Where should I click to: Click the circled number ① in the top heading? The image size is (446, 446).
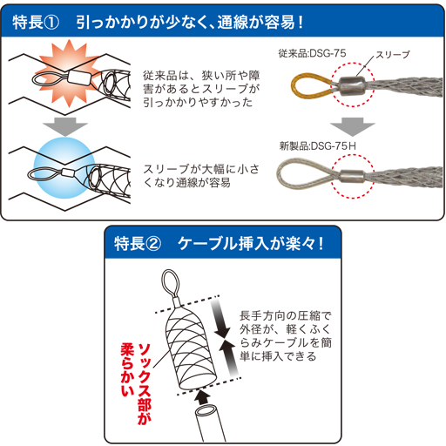pyautogui.click(x=52, y=23)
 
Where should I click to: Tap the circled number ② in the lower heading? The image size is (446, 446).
pyautogui.click(x=153, y=243)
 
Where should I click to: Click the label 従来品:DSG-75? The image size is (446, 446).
pyautogui.click(x=312, y=53)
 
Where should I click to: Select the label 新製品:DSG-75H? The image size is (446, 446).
pyautogui.click(x=318, y=145)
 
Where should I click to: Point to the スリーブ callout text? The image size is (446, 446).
pyautogui.click(x=393, y=55)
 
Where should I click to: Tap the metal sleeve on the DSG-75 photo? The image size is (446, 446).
pyautogui.click(x=352, y=86)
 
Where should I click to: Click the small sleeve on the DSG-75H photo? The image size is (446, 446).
pyautogui.click(x=352, y=176)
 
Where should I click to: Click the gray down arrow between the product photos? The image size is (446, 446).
pyautogui.click(x=353, y=126)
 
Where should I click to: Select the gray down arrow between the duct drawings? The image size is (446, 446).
pyautogui.click(x=65, y=126)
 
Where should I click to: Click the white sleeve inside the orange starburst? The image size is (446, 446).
pyautogui.click(x=79, y=78)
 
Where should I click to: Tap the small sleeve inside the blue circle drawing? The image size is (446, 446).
pyautogui.click(x=69, y=173)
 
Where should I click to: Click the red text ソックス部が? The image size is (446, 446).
pyautogui.click(x=145, y=384)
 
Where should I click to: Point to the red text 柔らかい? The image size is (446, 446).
pyautogui.click(x=127, y=370)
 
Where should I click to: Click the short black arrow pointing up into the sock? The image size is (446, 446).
pyautogui.click(x=202, y=397)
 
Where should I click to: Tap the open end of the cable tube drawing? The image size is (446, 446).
pyautogui.click(x=206, y=412)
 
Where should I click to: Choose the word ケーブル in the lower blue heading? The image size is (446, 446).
pyautogui.click(x=208, y=243)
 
